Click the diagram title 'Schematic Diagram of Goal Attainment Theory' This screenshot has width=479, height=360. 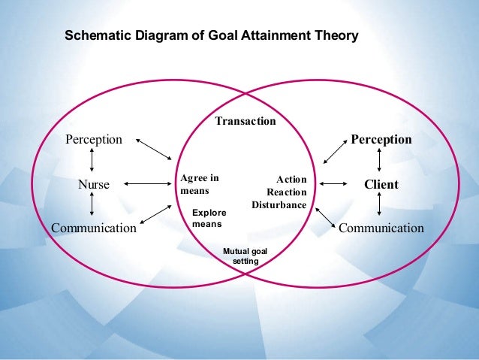click(x=212, y=35)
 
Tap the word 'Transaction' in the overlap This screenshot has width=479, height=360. click(x=246, y=120)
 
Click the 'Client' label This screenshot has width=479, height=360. click(x=381, y=184)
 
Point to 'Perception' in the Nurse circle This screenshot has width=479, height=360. click(x=94, y=140)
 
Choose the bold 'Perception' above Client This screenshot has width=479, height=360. click(x=381, y=140)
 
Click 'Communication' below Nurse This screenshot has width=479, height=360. click(x=94, y=228)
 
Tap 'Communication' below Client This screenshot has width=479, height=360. click(x=381, y=228)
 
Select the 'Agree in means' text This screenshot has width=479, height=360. click(x=199, y=184)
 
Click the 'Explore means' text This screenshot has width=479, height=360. click(x=209, y=218)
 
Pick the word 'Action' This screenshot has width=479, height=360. click(x=291, y=180)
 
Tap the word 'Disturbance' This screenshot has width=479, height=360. click(x=279, y=204)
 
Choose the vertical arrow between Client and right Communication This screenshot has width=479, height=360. click(x=381, y=205)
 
